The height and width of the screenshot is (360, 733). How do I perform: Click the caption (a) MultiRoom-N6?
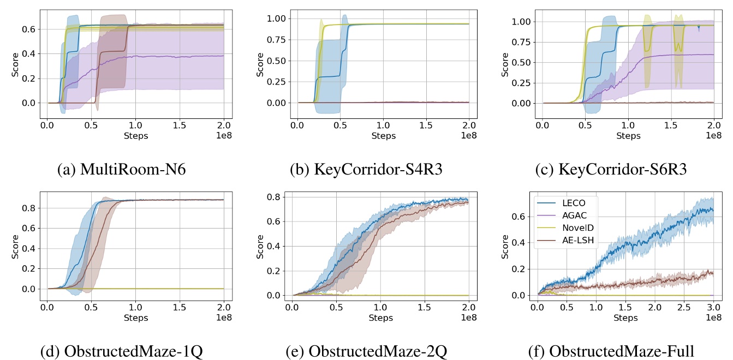tap(121, 169)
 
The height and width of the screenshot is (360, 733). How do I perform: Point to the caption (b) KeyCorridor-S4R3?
tap(366, 169)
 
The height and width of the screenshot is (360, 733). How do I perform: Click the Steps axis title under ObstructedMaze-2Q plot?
tap(379, 317)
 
